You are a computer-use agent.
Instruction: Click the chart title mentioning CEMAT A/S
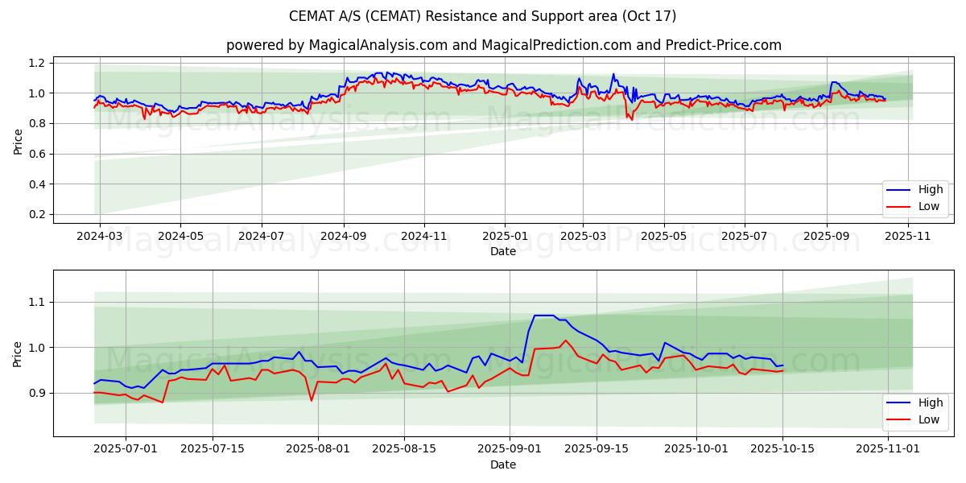[482, 16]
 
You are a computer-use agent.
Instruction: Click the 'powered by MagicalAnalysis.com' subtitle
[503, 45]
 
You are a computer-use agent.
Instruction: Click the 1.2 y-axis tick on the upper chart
[37, 63]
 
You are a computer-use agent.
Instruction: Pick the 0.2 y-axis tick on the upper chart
[37, 215]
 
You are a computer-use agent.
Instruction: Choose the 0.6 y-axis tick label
[37, 154]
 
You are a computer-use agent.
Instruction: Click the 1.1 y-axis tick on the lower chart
[37, 303]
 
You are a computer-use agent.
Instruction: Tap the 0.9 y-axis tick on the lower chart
[37, 394]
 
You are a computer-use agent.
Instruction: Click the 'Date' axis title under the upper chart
[503, 252]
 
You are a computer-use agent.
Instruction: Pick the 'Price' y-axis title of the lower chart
[18, 353]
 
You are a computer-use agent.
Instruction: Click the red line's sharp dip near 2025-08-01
[312, 400]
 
